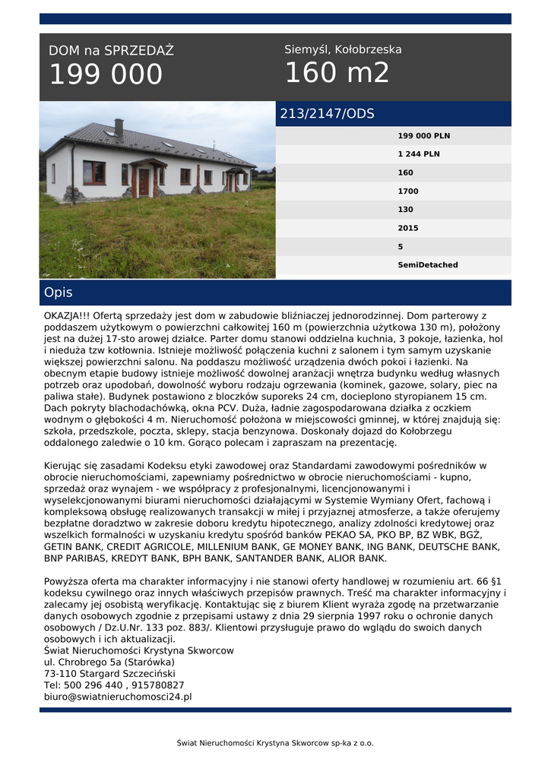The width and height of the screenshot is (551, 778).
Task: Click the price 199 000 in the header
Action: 106,74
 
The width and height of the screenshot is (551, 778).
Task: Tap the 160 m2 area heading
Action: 337,73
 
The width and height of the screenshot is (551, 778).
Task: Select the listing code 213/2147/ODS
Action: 327,114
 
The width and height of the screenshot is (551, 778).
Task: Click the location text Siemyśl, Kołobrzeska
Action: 343,49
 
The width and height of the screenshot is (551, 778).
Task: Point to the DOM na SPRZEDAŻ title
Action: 111,51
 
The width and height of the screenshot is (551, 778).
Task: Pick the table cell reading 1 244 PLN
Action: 418,154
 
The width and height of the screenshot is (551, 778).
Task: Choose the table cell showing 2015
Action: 408,228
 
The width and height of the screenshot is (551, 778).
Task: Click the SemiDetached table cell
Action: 428,265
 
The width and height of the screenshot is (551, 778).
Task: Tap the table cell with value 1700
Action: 408,191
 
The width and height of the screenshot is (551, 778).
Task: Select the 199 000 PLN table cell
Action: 423,136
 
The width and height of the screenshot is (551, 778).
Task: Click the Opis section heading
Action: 59,293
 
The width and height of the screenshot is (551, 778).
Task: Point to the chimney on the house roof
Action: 119,126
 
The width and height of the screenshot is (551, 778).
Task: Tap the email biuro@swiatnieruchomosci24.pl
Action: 118,696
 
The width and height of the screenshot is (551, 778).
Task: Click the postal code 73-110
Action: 60,673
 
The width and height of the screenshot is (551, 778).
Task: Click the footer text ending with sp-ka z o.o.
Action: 275,743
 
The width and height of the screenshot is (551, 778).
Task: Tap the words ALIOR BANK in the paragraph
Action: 357,558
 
